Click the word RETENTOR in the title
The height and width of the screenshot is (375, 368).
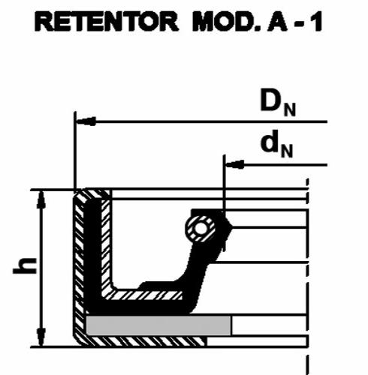106,22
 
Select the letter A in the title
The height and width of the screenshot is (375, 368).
276,22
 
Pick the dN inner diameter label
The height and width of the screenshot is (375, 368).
277,144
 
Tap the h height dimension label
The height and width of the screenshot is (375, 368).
25,265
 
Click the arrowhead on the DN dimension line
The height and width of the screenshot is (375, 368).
86,121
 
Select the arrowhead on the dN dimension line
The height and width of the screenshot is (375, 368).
234,164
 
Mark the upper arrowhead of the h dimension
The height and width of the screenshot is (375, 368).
41,199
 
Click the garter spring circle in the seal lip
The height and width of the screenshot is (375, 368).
200,229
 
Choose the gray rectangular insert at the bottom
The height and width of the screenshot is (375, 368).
158,325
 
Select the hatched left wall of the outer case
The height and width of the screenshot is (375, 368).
79,265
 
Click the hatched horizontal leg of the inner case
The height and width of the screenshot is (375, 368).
144,295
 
